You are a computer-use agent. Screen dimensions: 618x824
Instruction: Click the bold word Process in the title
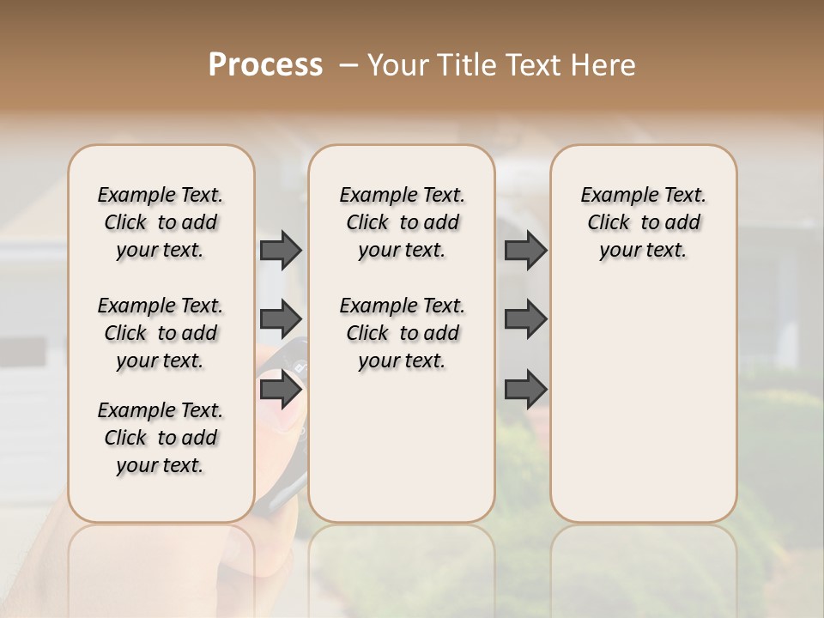pos(265,64)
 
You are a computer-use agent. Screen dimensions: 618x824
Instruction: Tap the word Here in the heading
pos(605,65)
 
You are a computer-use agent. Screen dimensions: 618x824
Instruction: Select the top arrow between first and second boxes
pos(281,250)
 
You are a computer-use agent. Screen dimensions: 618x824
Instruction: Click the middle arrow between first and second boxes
pos(281,319)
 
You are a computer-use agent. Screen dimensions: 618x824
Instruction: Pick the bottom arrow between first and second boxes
pos(281,390)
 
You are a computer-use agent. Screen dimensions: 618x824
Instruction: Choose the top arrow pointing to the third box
pos(525,250)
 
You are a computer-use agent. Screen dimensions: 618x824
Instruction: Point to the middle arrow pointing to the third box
pos(525,319)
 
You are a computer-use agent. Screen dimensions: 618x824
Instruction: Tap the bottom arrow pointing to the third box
pos(525,390)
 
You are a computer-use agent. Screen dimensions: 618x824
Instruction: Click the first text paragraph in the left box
pos(161,222)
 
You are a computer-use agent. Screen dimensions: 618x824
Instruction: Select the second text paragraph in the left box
pos(161,333)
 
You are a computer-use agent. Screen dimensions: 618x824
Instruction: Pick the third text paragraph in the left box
pos(161,438)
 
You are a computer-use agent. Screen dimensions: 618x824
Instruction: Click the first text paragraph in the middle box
pos(402,222)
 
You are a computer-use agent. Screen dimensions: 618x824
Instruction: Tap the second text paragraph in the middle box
pos(402,333)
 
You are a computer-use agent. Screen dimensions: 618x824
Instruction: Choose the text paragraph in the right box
pos(644,222)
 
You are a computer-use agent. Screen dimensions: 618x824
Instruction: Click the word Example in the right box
pos(612,196)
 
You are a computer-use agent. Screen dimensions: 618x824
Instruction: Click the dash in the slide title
pos(348,65)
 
